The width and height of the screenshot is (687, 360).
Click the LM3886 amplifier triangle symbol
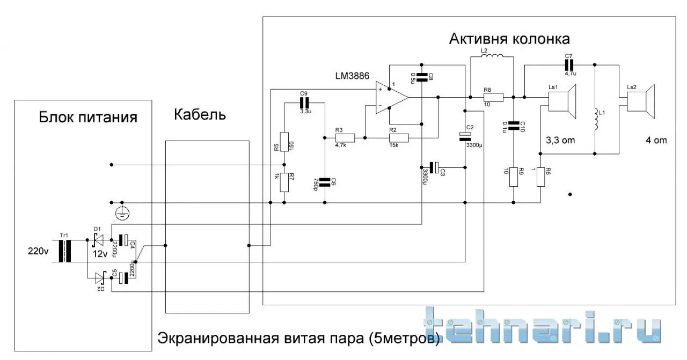(x=391, y=97)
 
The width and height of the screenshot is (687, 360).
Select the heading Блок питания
(x=88, y=117)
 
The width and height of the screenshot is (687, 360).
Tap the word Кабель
(x=200, y=114)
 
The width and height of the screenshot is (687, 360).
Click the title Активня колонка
(x=509, y=39)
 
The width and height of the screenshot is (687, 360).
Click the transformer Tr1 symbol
(x=68, y=251)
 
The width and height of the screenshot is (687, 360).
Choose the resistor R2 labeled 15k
(x=399, y=138)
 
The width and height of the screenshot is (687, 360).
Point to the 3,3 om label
(x=560, y=141)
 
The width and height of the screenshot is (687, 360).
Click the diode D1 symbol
(x=97, y=240)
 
